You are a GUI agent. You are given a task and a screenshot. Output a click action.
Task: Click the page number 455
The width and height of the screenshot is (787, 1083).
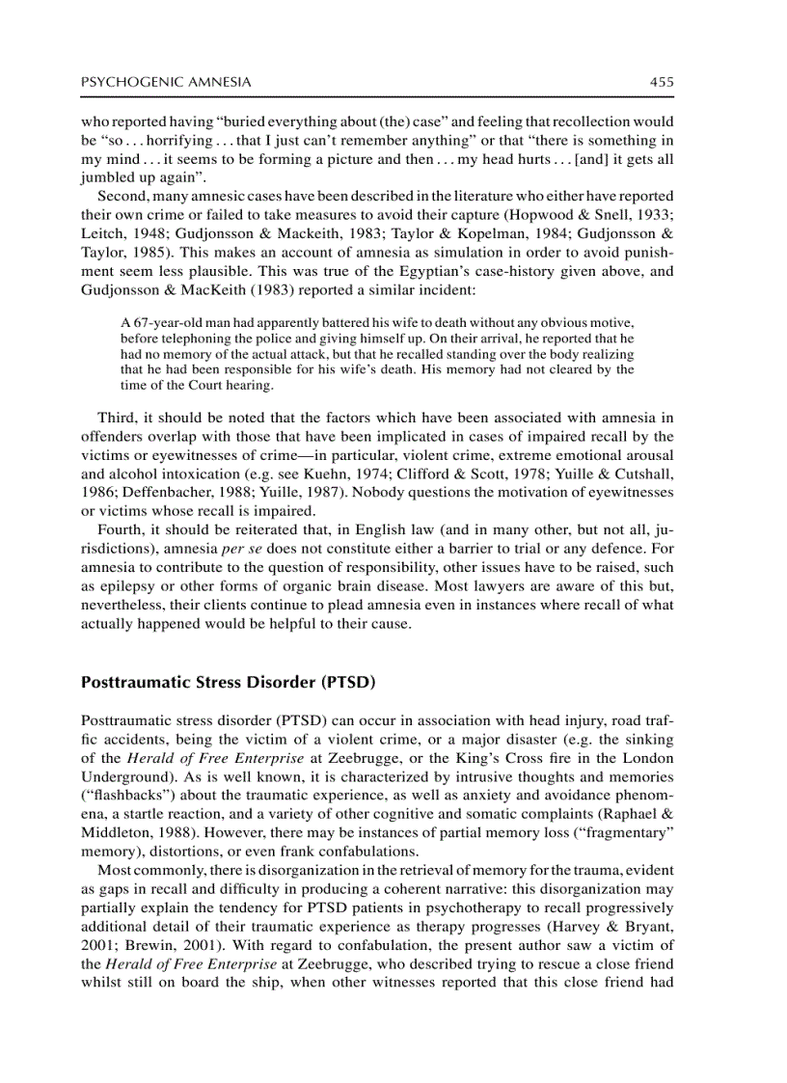[661, 83]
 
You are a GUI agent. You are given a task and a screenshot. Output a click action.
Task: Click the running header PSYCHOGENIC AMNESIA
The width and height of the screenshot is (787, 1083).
[166, 83]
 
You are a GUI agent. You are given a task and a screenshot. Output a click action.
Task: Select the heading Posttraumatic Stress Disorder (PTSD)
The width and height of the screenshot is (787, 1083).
[228, 682]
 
